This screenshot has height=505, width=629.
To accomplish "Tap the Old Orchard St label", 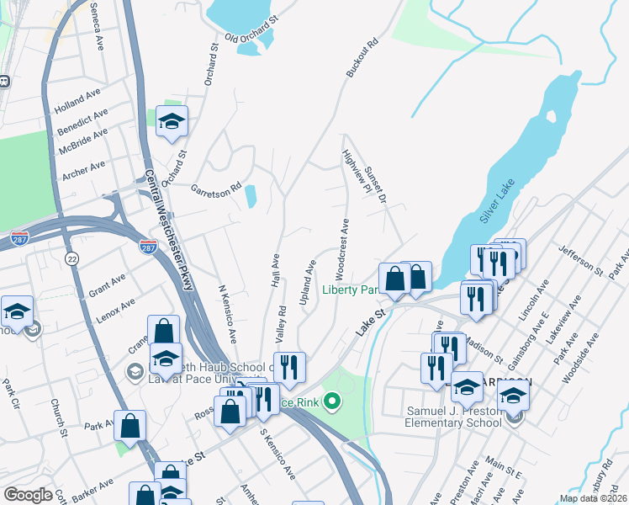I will [251, 36].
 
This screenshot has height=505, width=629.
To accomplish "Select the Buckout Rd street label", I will [362, 58].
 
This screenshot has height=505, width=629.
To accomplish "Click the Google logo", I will [29, 494].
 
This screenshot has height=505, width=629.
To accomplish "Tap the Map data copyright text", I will [594, 498].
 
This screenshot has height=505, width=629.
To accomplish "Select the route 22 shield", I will [72, 259].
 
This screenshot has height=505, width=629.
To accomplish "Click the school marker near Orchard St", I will [172, 122].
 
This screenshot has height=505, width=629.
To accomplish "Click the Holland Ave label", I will [77, 104].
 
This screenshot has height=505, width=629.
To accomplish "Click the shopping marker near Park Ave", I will [130, 426].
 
